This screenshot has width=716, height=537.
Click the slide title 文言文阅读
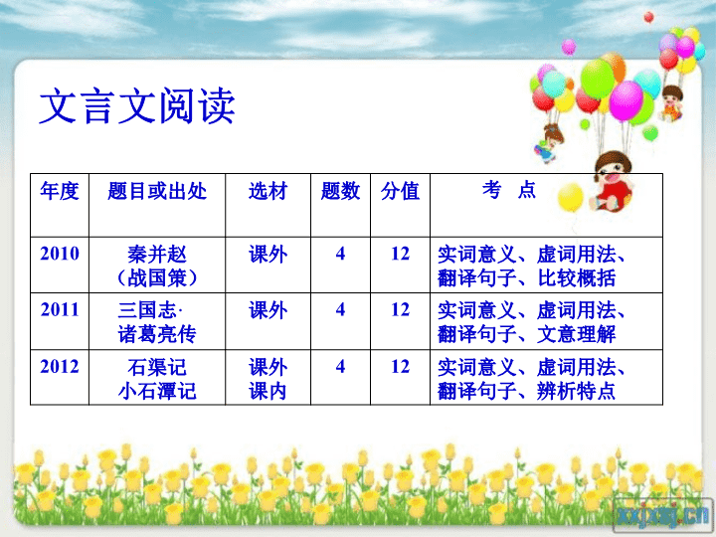(137, 106)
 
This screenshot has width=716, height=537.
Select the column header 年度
(60, 191)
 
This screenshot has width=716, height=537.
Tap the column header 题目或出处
(157, 191)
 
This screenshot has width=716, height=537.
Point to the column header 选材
(268, 191)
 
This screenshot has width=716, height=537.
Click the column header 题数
(340, 191)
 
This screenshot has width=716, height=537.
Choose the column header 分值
(400, 191)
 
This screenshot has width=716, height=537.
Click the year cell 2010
(60, 254)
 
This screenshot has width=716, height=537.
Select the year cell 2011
(60, 310)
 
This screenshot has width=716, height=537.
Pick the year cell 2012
(60, 367)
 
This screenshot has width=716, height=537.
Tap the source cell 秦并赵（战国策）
(157, 267)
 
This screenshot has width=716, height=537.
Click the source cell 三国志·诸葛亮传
(157, 322)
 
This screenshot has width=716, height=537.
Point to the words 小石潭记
(157, 391)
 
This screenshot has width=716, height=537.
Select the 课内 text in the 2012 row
(268, 391)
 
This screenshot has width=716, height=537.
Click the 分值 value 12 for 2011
(400, 310)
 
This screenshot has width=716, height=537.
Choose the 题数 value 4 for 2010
(340, 254)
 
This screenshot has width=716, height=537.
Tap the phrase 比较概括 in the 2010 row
(576, 278)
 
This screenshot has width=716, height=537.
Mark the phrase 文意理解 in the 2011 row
(576, 334)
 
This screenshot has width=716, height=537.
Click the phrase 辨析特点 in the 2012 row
(576, 391)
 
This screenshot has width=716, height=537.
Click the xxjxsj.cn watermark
(663, 515)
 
